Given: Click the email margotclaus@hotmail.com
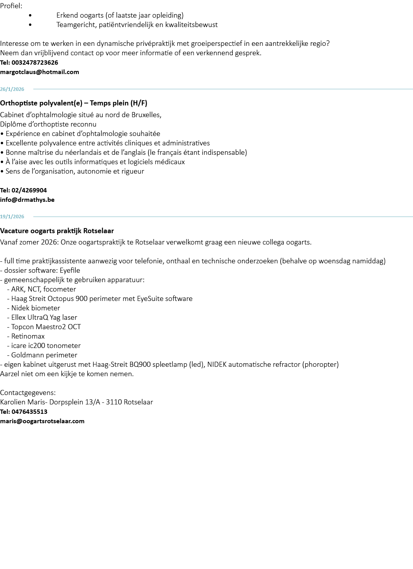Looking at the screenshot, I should [x=40, y=72].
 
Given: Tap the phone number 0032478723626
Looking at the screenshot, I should [x=34, y=63].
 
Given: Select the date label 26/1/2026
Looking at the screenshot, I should [x=12, y=89].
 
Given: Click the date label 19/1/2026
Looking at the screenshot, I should [x=12, y=217].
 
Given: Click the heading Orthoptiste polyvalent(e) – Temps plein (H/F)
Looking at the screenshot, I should [x=74, y=103].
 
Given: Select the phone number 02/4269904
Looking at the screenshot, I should [x=29, y=190].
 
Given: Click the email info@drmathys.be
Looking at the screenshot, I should [x=27, y=200].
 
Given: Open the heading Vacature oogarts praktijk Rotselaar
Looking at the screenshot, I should [x=57, y=231].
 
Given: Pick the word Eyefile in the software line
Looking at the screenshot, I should [x=70, y=270].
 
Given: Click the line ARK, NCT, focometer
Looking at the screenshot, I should [x=43, y=289].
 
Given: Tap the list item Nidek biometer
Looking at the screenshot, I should [x=36, y=308].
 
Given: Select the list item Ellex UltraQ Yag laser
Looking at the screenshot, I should [x=44, y=317].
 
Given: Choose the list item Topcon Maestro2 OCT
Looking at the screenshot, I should [x=46, y=327].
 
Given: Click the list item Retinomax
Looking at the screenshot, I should [x=28, y=336].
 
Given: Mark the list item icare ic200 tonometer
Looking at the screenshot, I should [x=46, y=346].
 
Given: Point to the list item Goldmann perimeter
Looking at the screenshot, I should [x=44, y=355].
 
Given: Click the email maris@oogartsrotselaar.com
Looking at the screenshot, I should [x=42, y=421].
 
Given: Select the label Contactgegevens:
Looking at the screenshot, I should [x=28, y=393].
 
